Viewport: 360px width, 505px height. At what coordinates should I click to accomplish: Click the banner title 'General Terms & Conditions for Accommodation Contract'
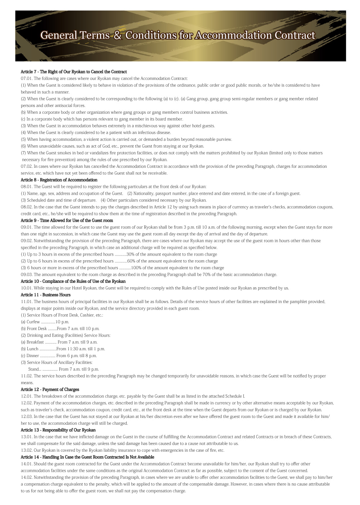(x=178, y=35)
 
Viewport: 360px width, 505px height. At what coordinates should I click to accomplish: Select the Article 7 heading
(x=74, y=72)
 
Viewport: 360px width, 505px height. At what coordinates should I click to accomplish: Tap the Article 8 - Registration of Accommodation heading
(x=59, y=180)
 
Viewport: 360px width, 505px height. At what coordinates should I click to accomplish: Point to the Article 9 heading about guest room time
(x=67, y=220)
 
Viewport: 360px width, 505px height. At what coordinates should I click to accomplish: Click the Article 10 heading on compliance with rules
(x=73, y=281)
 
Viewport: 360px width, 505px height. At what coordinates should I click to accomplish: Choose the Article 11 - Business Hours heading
(x=46, y=295)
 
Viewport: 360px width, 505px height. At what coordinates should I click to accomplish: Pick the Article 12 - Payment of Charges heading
(x=50, y=389)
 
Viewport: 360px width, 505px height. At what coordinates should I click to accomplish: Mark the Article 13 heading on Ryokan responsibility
(x=58, y=430)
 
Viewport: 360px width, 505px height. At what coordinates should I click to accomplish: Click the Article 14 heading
(x=87, y=457)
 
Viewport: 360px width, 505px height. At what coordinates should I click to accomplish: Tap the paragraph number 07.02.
(x=26, y=166)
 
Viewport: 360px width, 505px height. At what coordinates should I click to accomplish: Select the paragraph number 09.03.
(x=26, y=275)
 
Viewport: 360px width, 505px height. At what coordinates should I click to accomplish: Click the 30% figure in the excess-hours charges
(x=130, y=254)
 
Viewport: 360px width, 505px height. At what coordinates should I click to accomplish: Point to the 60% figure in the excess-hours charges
(x=131, y=261)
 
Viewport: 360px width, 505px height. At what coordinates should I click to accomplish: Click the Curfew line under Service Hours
(x=45, y=322)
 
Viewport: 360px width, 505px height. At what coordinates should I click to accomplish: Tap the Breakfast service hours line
(x=59, y=342)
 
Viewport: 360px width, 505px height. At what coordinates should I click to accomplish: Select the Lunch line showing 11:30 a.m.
(x=63, y=349)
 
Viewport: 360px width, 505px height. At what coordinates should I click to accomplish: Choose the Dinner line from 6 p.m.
(x=59, y=356)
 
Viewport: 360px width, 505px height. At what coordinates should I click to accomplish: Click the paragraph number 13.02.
(x=26, y=450)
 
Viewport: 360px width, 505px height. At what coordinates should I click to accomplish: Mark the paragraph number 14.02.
(x=26, y=477)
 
